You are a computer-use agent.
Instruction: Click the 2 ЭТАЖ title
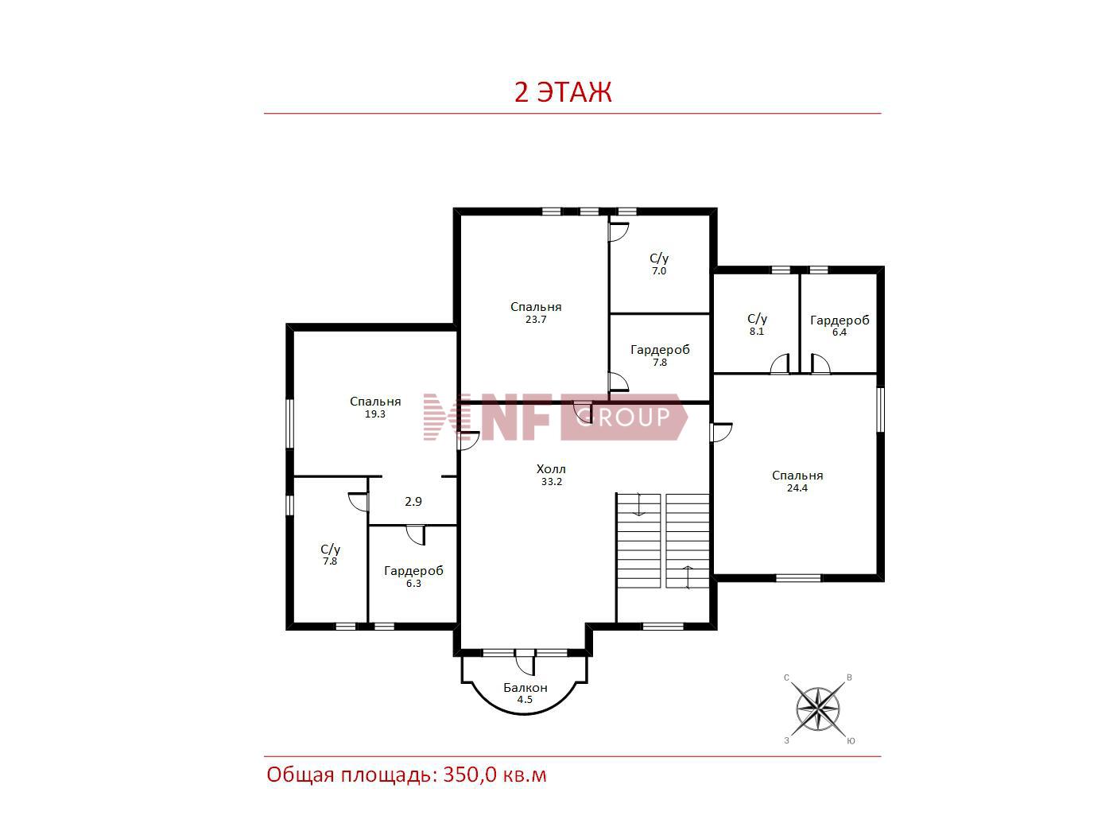coord(563,92)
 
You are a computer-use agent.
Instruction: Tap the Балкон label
coord(525,688)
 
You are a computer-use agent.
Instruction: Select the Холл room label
coord(551,469)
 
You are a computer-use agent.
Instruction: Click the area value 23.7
coord(536,320)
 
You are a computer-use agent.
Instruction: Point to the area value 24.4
coord(797,487)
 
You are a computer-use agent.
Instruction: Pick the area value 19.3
coord(375,414)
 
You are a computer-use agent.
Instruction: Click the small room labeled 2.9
coord(413,502)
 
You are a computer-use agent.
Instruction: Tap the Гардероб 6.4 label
coord(840,325)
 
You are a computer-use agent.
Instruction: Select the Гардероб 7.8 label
coord(660,355)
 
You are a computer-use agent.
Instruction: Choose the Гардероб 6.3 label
coord(413,577)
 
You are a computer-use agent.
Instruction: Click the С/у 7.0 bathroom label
coord(659,264)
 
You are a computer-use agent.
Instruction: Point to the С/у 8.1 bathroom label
coord(757,324)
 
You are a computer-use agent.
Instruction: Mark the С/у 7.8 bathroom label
coord(330,554)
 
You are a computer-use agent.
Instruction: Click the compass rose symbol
coord(817,709)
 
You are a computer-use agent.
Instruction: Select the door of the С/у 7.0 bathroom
coord(619,231)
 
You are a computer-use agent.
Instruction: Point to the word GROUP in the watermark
coord(623,417)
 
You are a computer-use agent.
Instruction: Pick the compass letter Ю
coord(851,740)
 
